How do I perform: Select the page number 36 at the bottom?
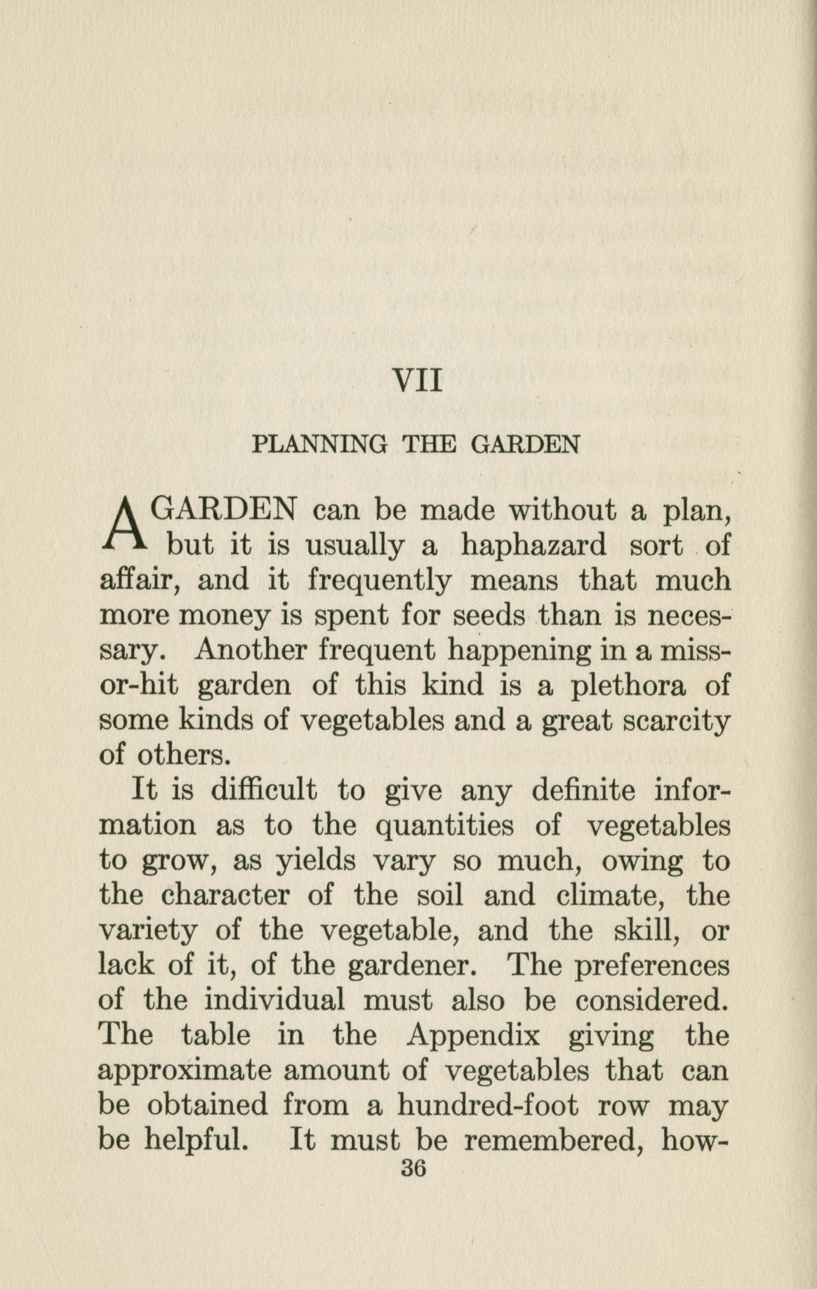pyautogui.click(x=413, y=1169)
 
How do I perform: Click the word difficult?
pyautogui.click(x=264, y=791)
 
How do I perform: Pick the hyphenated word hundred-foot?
pyautogui.click(x=489, y=1106)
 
